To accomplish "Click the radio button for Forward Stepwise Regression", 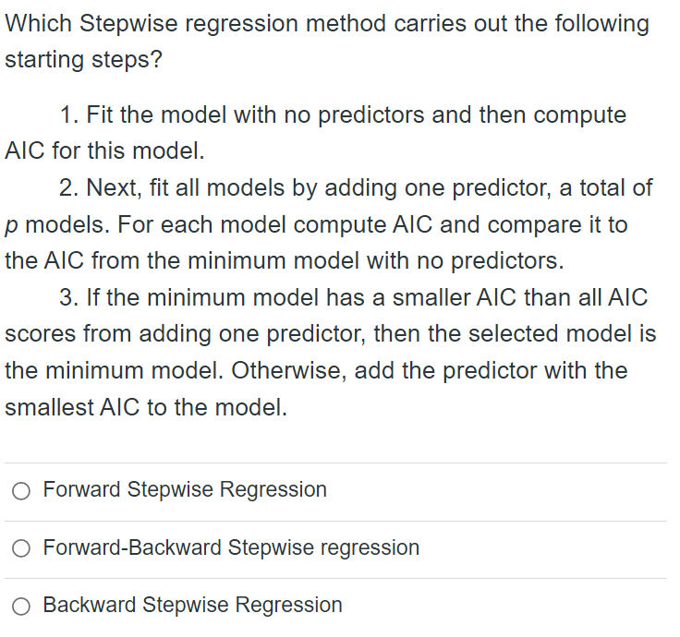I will point(21,491).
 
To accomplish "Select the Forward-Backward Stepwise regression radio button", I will point(21,549).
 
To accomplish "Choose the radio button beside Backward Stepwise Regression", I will point(21,607).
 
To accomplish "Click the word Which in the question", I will point(39,24).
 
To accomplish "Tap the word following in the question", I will point(599,24).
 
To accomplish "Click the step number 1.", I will point(67,115).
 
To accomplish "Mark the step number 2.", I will point(67,188).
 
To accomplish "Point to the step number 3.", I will point(67,298).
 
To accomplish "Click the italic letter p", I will point(11,226).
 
